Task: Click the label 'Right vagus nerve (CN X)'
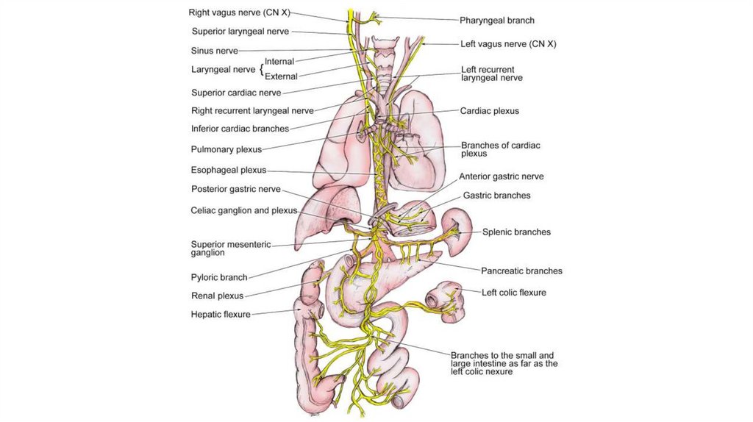coord(238,12)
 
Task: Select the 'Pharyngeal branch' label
coord(497,21)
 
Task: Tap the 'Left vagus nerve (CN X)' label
coord(508,44)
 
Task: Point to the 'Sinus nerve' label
coord(214,51)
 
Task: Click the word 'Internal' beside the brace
coord(279,62)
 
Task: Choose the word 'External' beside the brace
coord(281,76)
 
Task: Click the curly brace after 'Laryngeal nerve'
coord(261,69)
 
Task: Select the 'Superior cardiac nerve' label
coord(236,93)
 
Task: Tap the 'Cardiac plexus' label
coord(490,111)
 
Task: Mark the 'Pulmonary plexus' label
coord(226,149)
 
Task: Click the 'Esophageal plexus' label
coord(229,170)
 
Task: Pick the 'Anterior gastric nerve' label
coord(502,176)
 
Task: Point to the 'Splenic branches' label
coord(516,232)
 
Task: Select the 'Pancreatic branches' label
coord(521,271)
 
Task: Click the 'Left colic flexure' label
coord(514,293)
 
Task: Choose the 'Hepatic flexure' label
coord(221,315)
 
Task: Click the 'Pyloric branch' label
coord(219,278)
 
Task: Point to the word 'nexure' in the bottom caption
coord(498,372)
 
